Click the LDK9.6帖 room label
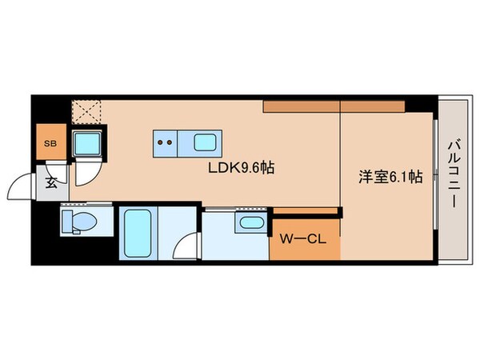(242, 169)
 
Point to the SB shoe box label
(50, 144)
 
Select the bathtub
(138, 232)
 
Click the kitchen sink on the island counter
(204, 144)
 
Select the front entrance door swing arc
(20, 189)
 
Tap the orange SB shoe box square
(50, 144)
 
